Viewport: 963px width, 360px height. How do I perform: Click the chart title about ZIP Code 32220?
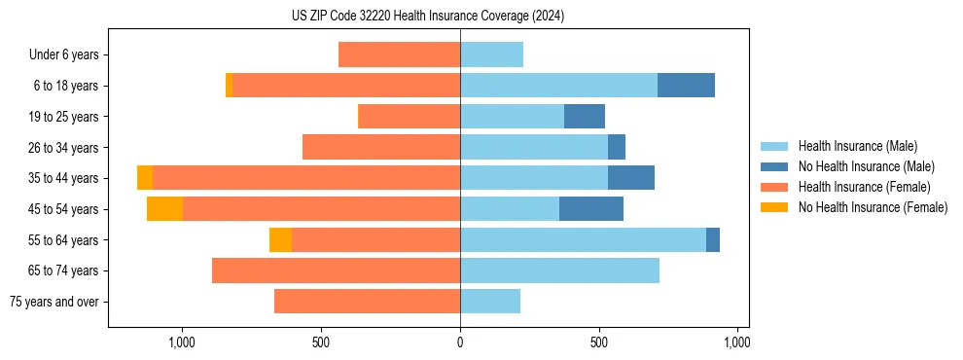[x=428, y=16]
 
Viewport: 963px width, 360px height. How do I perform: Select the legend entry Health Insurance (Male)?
[x=857, y=146]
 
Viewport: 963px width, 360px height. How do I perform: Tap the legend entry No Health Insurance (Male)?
[x=866, y=166]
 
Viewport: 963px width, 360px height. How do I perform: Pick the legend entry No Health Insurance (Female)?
[x=873, y=207]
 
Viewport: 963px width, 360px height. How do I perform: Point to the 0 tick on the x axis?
[x=460, y=342]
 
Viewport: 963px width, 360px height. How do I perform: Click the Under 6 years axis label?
[x=63, y=54]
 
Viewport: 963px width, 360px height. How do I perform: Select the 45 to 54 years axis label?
[x=63, y=209]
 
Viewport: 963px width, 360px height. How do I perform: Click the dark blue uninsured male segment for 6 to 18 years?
[x=686, y=86]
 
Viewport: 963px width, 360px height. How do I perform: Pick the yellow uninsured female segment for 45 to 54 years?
[x=164, y=209]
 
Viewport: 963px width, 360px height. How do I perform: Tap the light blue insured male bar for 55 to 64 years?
[x=583, y=240]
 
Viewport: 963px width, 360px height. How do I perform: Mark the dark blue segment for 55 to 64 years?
[x=713, y=240]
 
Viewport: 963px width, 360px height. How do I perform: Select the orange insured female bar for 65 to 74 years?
[x=336, y=270]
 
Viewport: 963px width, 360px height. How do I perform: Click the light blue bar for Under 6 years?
[x=491, y=54]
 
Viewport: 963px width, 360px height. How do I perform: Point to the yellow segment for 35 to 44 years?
[x=145, y=178]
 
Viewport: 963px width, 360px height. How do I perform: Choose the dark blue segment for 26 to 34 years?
[x=617, y=147]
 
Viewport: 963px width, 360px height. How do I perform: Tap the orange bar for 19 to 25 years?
[x=410, y=117]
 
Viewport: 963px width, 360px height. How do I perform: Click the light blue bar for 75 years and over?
[x=490, y=302]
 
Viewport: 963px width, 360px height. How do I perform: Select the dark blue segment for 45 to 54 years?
[x=591, y=209]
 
